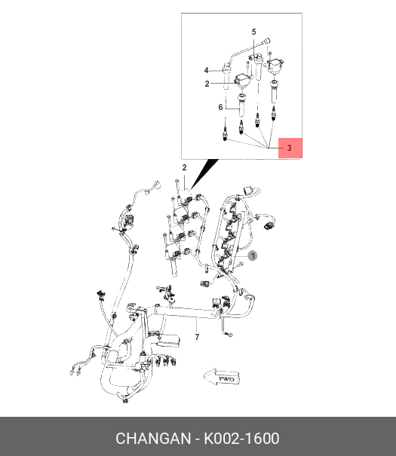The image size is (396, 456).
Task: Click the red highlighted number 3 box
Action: coord(290,148)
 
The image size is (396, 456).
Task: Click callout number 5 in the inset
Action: coord(253,32)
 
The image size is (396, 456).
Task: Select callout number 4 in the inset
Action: coord(206,70)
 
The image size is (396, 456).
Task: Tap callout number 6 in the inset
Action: coord(220,107)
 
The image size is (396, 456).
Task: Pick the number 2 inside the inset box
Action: coord(207,84)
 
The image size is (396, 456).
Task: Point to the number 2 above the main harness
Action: coord(184,168)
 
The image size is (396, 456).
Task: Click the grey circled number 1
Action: coord(253,256)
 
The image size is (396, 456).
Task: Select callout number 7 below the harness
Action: coord(198,337)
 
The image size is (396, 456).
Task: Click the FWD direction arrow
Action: coord(223,377)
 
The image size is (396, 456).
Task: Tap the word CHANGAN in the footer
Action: coord(153,439)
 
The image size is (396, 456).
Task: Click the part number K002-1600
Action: coord(241,439)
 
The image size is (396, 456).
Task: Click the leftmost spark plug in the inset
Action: coord(225,134)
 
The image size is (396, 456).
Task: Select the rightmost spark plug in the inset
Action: coord(273,114)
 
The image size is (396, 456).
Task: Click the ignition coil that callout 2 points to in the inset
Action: coord(242,81)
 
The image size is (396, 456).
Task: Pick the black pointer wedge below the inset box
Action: coord(204,173)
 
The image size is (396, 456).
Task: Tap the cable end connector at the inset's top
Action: coord(267,41)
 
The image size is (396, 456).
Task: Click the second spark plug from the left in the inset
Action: coord(241,127)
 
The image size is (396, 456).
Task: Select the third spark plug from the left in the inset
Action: coord(257,120)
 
